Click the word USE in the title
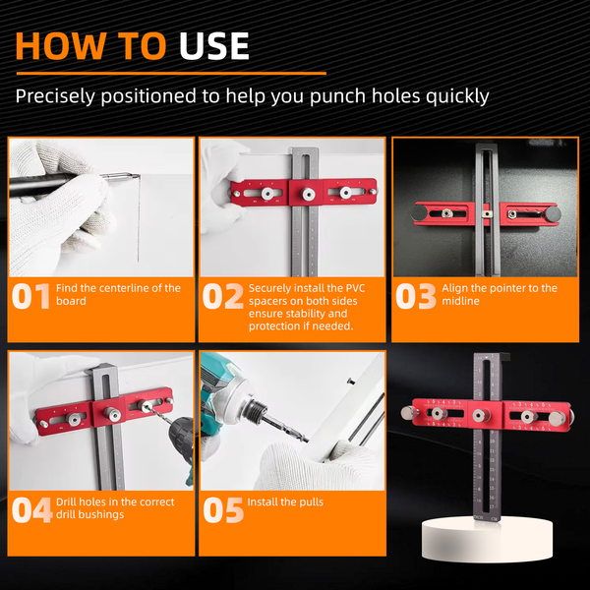213,46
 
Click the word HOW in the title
60,46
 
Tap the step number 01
30,297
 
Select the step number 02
223,297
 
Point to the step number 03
416,297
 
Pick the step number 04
31,510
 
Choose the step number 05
223,510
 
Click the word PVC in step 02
355,288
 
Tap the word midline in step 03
460,301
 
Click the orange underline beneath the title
171,74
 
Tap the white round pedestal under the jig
487,538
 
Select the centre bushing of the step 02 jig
308,194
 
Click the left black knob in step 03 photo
419,213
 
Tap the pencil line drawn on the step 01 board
139,218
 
